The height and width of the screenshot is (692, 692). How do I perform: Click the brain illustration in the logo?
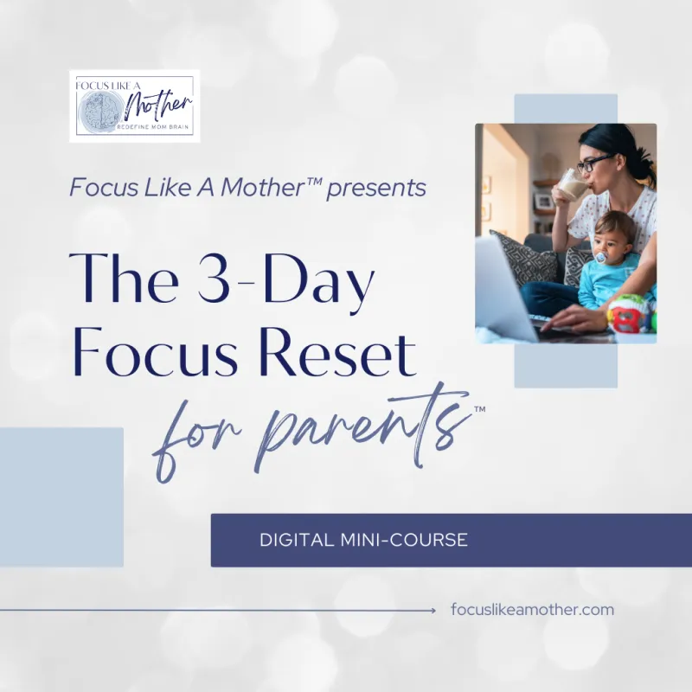[x=101, y=112]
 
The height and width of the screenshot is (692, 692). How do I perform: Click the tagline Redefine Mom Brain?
[x=153, y=127]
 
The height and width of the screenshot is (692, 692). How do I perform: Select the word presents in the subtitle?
[x=376, y=188]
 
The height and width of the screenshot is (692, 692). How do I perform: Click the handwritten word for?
[x=195, y=441]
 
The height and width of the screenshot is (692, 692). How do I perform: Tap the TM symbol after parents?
[x=479, y=409]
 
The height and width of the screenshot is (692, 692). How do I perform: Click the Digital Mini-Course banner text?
[x=363, y=540]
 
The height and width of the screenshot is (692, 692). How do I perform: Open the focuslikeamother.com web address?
[x=532, y=610]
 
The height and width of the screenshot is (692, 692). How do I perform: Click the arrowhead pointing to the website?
[x=433, y=611]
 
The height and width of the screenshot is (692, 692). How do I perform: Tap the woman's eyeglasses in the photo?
[x=595, y=163]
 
